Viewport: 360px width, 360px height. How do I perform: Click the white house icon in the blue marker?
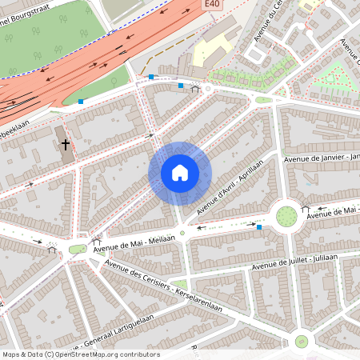tap(180, 173)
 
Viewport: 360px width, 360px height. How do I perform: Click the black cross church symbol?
tap(66, 146)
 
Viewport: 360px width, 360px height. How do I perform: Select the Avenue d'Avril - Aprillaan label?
tap(230, 185)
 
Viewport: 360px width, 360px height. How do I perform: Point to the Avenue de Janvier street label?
tap(320, 160)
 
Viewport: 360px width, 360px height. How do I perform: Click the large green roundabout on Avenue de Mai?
tap(286, 215)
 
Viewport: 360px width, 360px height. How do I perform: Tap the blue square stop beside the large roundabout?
tap(258, 227)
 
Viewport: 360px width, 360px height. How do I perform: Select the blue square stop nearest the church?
tap(81, 102)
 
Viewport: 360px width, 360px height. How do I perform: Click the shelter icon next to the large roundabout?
tap(305, 209)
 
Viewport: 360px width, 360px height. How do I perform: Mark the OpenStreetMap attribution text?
tap(80, 354)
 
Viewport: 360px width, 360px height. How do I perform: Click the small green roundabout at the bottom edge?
tap(302, 342)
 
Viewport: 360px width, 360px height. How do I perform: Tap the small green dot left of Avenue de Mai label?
tap(78, 250)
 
